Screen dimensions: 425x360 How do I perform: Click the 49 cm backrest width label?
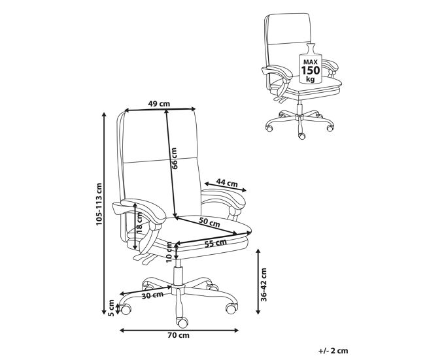[159, 103]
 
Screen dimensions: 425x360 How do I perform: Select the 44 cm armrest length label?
[227, 183]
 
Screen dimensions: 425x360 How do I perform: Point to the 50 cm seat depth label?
[209, 222]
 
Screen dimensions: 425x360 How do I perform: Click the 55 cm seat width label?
[216, 243]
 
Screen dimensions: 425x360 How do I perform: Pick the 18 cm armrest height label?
[139, 223]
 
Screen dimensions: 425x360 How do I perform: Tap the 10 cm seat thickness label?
[169, 252]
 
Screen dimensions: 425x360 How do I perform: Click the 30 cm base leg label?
[152, 295]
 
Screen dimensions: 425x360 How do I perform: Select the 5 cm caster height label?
[111, 308]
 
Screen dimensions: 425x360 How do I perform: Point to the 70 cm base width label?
[178, 335]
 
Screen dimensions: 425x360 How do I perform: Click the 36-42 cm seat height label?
[263, 285]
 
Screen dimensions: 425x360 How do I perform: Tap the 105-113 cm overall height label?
[99, 205]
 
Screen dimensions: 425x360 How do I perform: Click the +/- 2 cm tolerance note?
[333, 351]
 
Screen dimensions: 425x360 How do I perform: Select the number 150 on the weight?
[311, 71]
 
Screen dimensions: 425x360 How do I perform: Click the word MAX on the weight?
[311, 62]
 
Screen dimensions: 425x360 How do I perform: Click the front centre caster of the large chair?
[182, 322]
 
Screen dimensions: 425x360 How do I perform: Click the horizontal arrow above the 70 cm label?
[179, 330]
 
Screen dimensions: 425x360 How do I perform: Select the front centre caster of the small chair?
[301, 136]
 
